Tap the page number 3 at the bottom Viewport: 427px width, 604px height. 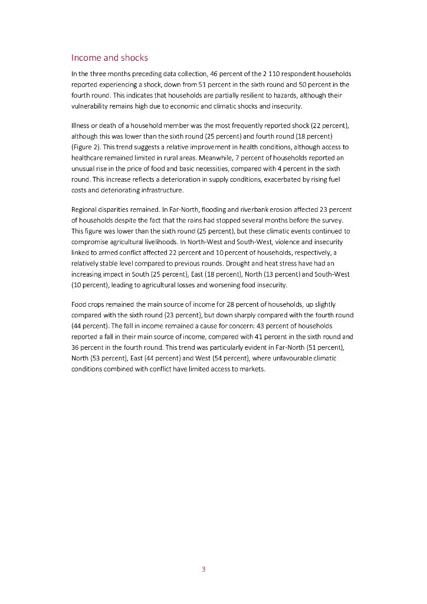tap(203, 569)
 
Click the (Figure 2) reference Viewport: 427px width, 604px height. tap(88, 147)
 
